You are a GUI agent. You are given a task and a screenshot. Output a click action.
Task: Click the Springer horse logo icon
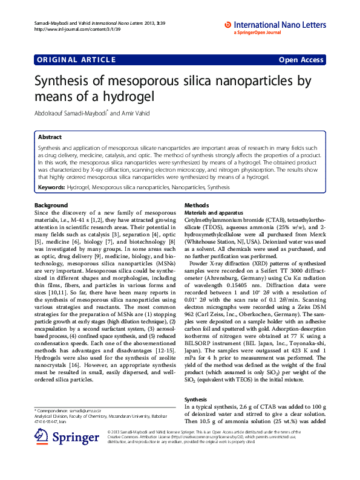click(42, 436)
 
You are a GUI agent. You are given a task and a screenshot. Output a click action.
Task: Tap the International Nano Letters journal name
click(280, 25)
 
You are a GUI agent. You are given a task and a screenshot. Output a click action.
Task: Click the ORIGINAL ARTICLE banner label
click(76, 59)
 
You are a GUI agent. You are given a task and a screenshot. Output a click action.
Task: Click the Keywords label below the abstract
click(51, 188)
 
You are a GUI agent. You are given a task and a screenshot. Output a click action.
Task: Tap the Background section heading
click(51, 206)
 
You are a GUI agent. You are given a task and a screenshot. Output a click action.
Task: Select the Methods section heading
click(196, 206)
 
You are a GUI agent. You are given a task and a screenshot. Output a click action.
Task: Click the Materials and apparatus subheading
click(213, 213)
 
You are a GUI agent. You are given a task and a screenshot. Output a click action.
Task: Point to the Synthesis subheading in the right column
click(196, 400)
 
